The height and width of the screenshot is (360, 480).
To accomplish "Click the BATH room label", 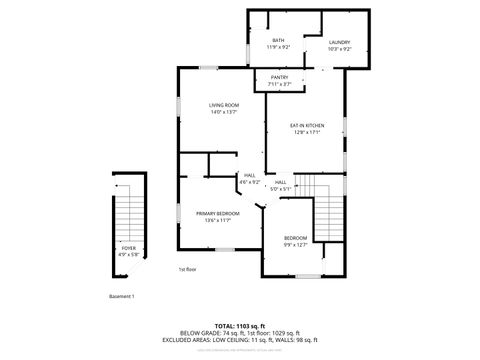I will (277, 41).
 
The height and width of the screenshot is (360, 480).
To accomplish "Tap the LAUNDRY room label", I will (339, 41).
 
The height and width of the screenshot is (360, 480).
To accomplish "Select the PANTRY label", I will (279, 77).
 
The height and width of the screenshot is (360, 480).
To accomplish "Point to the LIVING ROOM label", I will (224, 104).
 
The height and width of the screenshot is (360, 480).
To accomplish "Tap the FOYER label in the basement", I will (130, 248).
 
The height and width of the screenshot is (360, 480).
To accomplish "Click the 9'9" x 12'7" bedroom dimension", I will (295, 244).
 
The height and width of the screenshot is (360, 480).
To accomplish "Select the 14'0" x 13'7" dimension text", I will (224, 111).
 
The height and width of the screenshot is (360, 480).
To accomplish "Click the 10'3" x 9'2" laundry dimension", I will (339, 48).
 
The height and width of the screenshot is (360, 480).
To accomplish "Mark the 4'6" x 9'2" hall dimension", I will (250, 182).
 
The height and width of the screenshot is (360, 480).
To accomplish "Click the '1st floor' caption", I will (187, 269).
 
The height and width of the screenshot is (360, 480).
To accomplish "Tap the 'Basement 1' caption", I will (121, 297).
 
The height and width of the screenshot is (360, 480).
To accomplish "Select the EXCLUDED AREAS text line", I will (240, 339).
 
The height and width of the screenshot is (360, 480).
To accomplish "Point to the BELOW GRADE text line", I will (240, 333).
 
